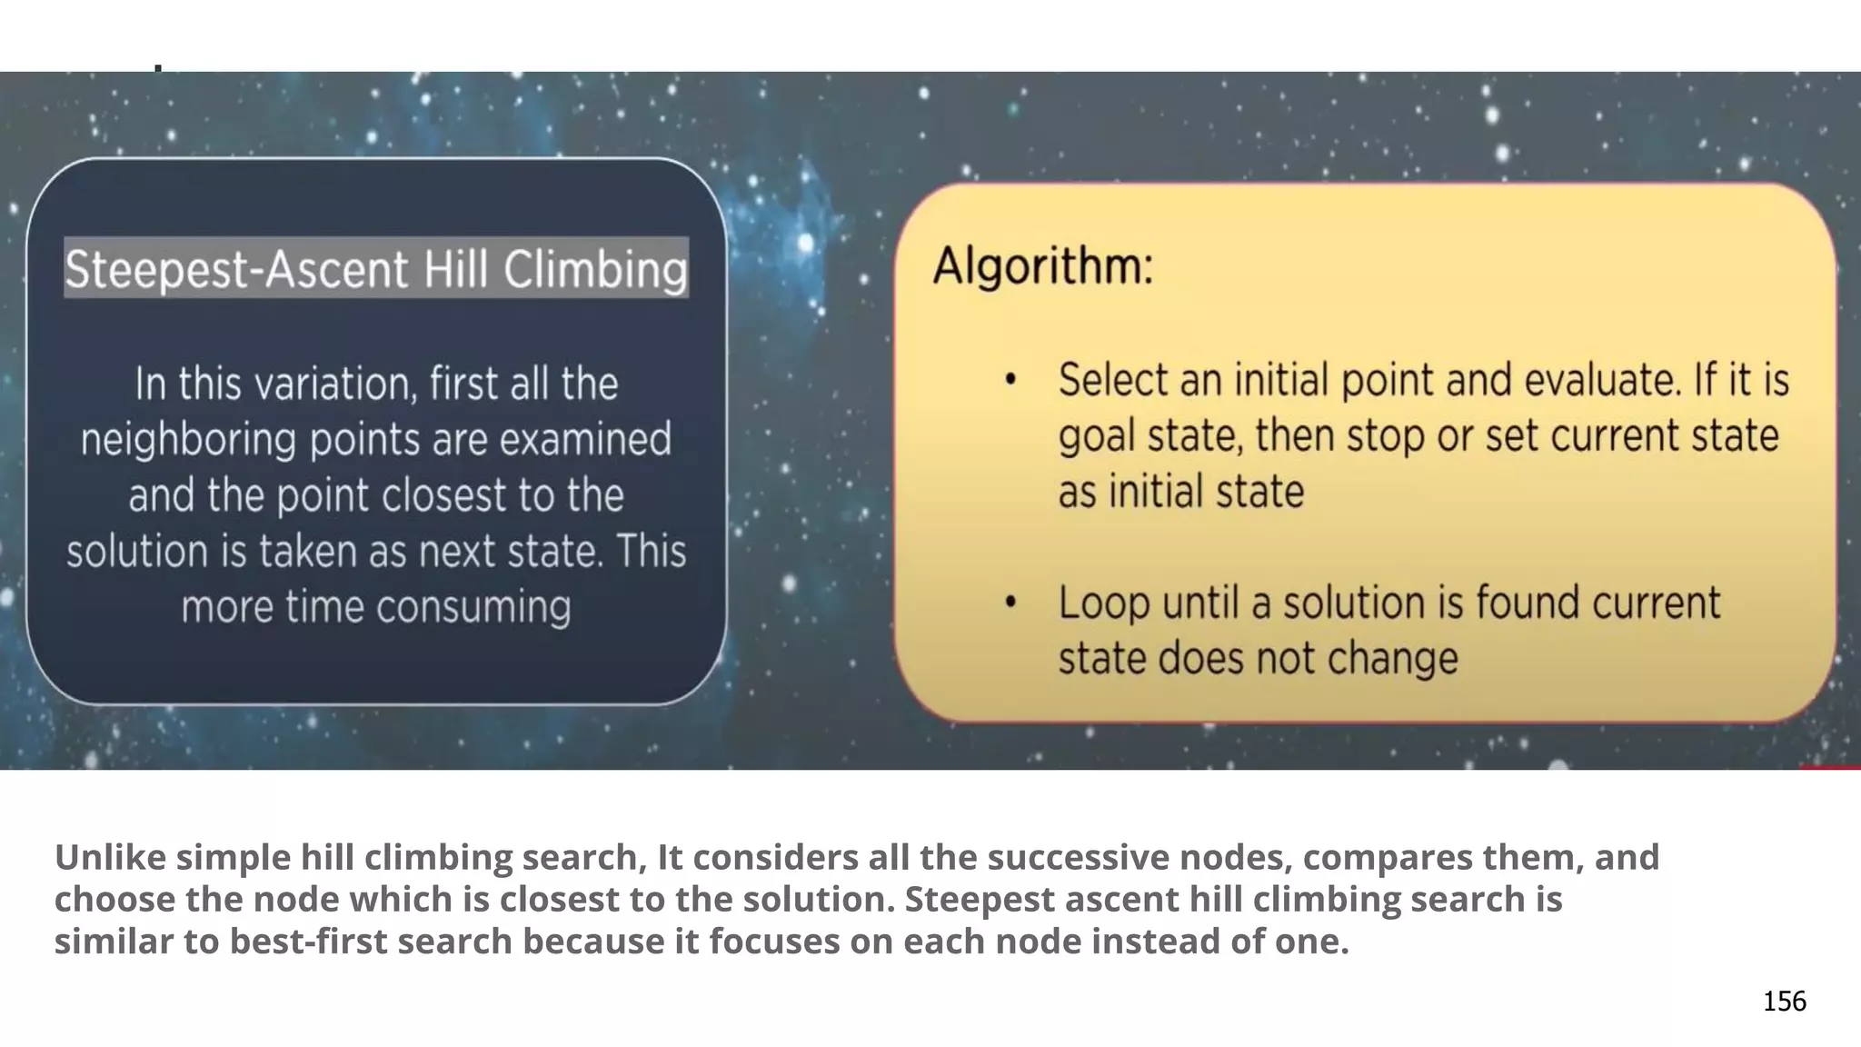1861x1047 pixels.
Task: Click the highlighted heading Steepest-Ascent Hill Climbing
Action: (376, 269)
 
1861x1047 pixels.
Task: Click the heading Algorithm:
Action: (1043, 267)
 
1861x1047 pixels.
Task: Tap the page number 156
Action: (1784, 1001)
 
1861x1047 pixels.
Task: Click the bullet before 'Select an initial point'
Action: (1010, 380)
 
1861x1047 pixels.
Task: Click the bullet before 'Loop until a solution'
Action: (1010, 603)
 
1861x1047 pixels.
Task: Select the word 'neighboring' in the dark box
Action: (188, 440)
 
